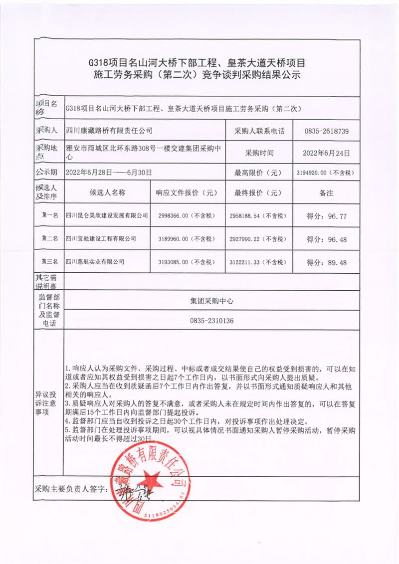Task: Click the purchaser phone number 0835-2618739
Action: tap(326, 132)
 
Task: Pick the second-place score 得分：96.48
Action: tap(326, 239)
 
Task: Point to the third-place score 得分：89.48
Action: tap(326, 262)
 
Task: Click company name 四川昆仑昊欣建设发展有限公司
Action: tap(107, 215)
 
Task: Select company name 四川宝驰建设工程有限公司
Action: tap(101, 239)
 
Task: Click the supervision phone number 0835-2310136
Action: tap(211, 320)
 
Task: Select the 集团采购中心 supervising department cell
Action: tap(211, 301)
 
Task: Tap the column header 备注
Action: tap(326, 192)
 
